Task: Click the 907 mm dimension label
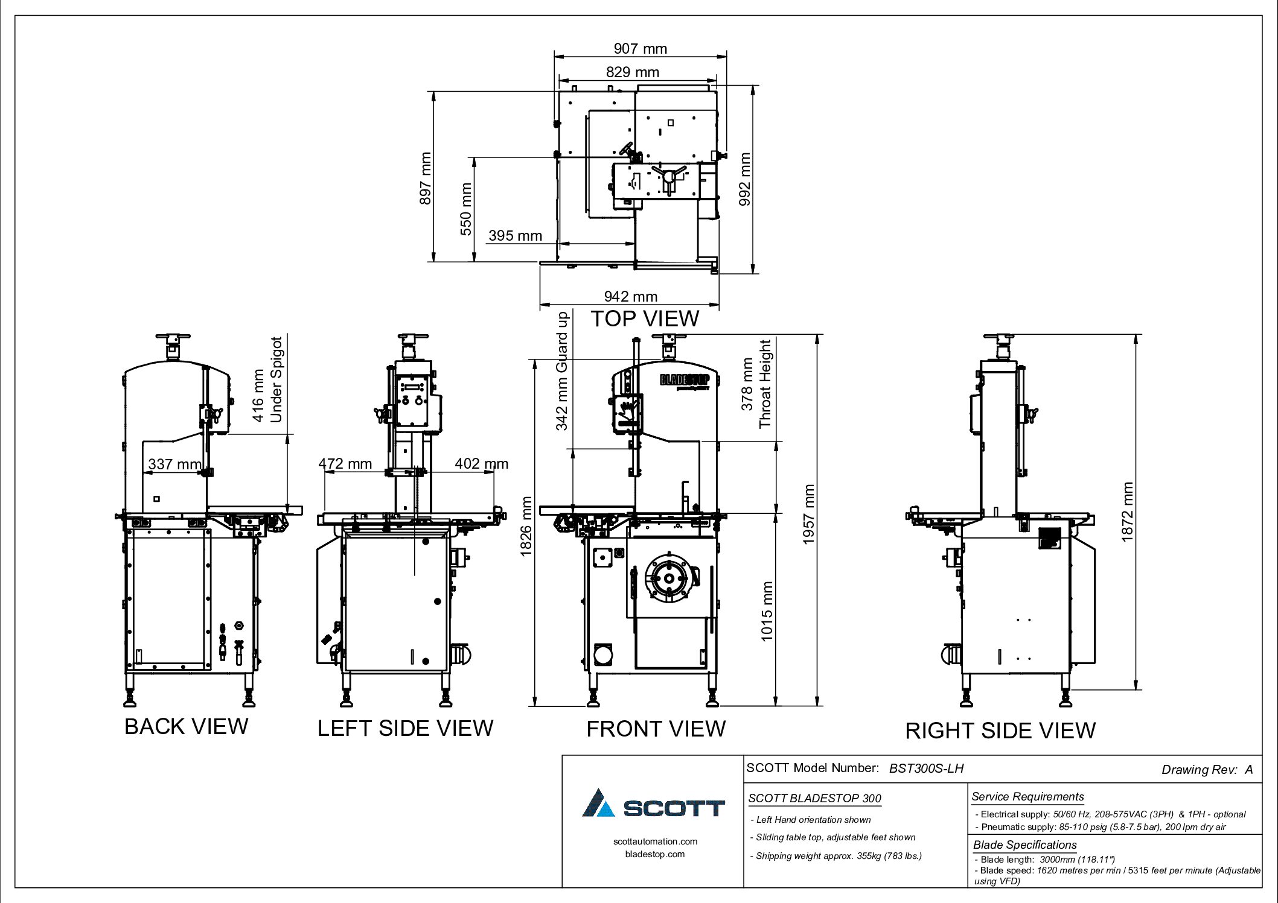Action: click(x=640, y=49)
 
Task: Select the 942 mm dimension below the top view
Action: click(x=630, y=296)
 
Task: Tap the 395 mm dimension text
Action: click(x=515, y=235)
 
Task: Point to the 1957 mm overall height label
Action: click(x=808, y=514)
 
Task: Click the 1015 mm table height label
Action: click(x=766, y=611)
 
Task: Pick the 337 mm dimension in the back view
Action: click(x=175, y=464)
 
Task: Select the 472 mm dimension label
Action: click(x=345, y=463)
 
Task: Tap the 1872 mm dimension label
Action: click(x=1127, y=512)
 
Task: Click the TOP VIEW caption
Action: click(x=645, y=318)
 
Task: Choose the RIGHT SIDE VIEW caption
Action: click(x=1000, y=730)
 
